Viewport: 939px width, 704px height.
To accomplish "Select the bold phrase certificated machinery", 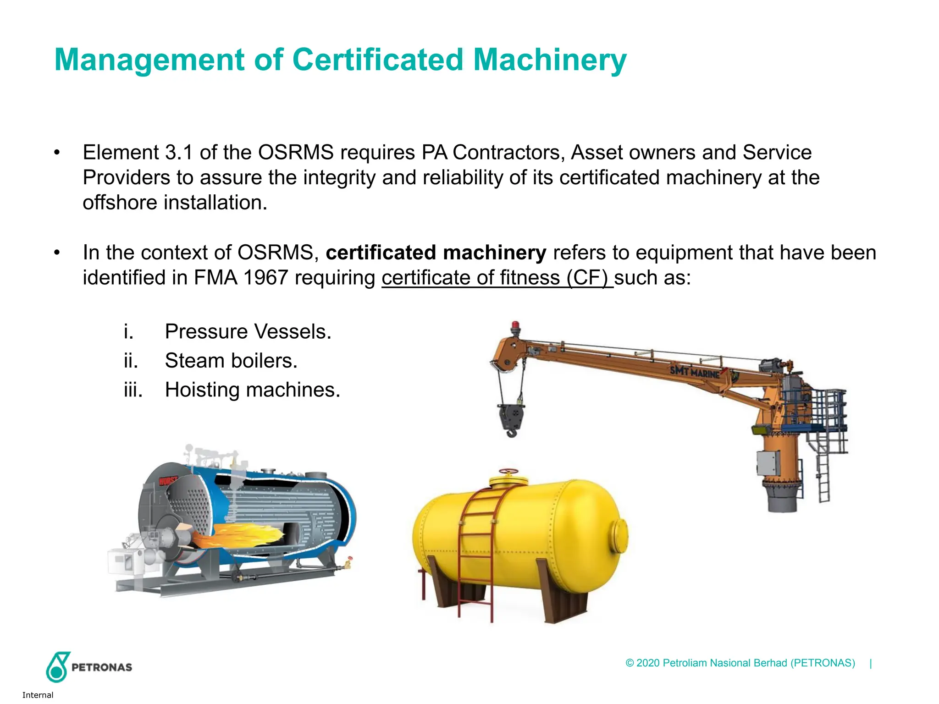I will [436, 253].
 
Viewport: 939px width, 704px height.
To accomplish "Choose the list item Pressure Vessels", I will [248, 331].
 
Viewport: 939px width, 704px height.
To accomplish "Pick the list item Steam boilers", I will [231, 361].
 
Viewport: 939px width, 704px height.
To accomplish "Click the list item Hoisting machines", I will [252, 390].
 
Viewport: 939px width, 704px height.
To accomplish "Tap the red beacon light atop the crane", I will [515, 326].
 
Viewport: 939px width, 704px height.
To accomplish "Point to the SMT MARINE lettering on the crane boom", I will [695, 371].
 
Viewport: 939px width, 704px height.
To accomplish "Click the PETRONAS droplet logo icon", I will [57, 667].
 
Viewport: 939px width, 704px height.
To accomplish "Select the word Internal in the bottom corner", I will [38, 695].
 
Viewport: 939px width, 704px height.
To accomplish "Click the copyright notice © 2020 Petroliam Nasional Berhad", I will [740, 663].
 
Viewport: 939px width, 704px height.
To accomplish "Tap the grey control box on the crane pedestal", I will [768, 463].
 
